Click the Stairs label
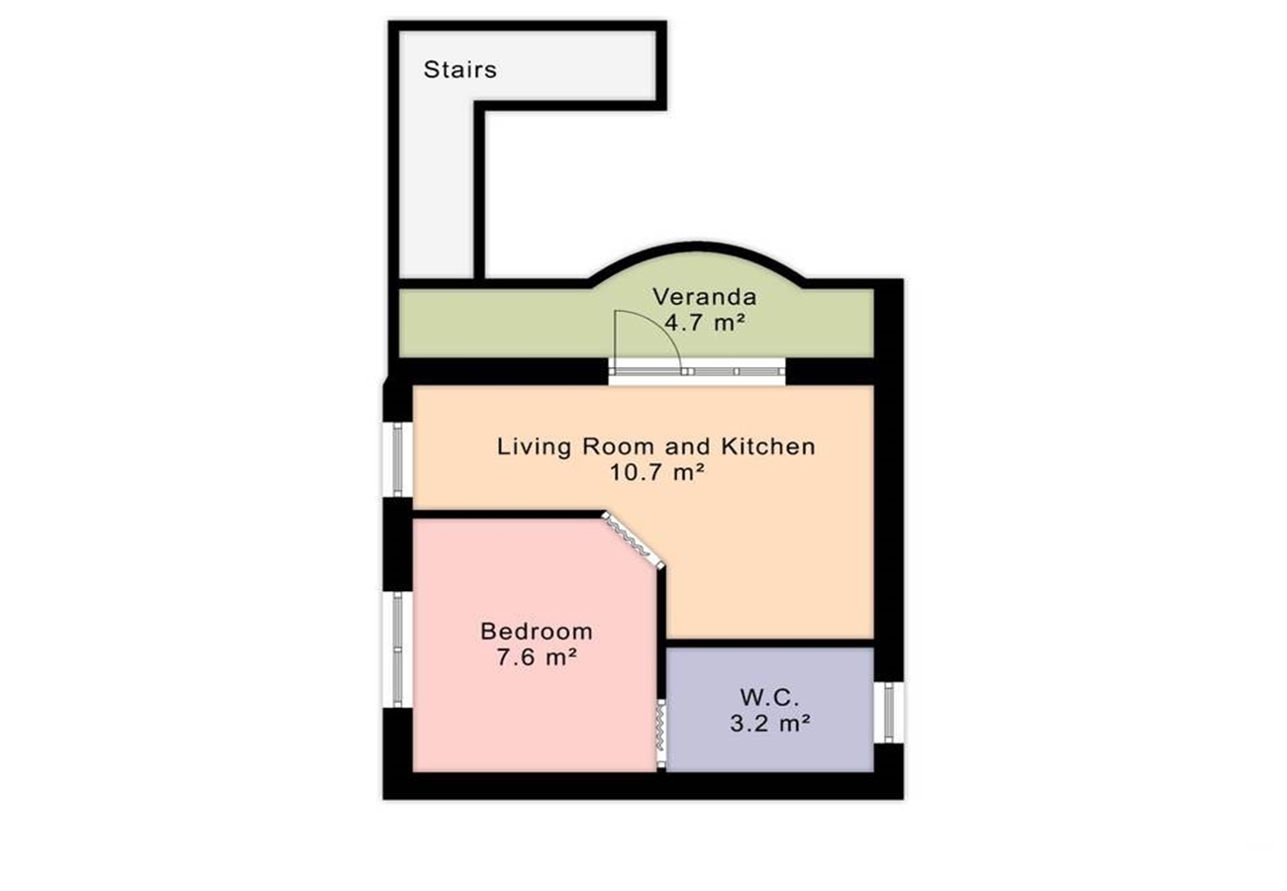point(459,69)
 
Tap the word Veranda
point(705,297)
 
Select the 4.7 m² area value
point(705,323)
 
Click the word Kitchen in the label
point(768,445)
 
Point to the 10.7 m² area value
point(656,472)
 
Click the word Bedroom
point(537,632)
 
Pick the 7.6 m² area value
point(537,656)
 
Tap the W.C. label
point(769,697)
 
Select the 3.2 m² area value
point(770,723)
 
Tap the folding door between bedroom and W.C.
point(660,733)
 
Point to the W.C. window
point(889,713)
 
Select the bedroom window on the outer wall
point(398,649)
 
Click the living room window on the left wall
point(398,459)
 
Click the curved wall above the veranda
point(696,252)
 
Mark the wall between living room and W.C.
point(770,643)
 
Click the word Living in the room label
point(535,446)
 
